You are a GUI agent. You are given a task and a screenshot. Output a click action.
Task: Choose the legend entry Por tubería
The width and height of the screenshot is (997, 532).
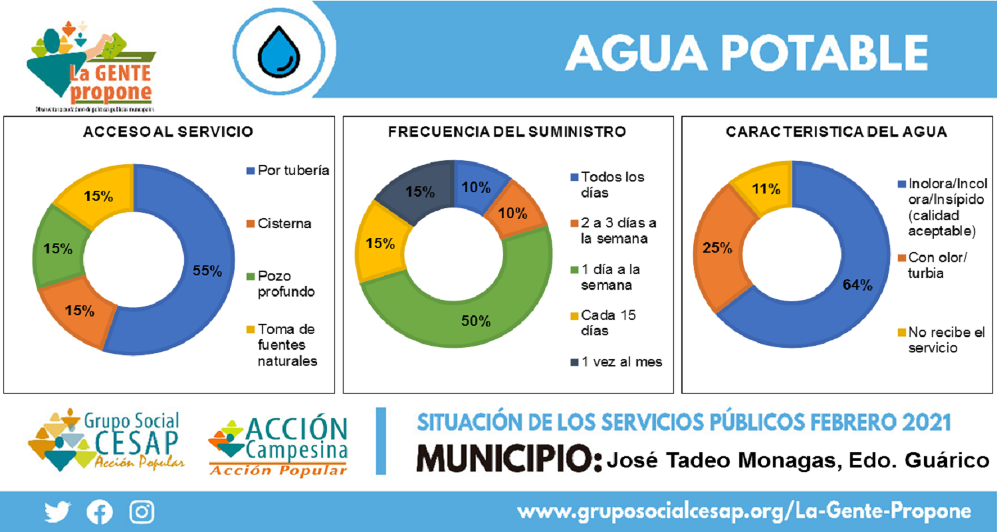[287, 170]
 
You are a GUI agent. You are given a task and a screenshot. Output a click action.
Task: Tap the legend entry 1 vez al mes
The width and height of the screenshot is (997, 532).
[615, 362]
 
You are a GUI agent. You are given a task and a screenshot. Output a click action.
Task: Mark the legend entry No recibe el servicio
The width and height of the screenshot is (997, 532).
[934, 339]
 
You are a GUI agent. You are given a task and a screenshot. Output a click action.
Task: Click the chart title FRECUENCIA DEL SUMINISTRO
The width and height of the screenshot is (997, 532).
[506, 132]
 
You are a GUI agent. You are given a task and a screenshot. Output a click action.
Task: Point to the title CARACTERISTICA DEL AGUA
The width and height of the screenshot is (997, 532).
[837, 132]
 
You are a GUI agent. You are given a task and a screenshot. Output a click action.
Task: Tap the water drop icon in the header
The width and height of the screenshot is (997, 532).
[277, 53]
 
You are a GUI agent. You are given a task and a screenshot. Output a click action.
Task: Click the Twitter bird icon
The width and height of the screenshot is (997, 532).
[57, 511]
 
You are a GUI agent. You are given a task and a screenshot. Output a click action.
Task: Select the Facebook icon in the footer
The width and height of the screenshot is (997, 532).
[100, 511]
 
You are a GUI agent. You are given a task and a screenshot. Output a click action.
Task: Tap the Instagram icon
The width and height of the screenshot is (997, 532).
[142, 511]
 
